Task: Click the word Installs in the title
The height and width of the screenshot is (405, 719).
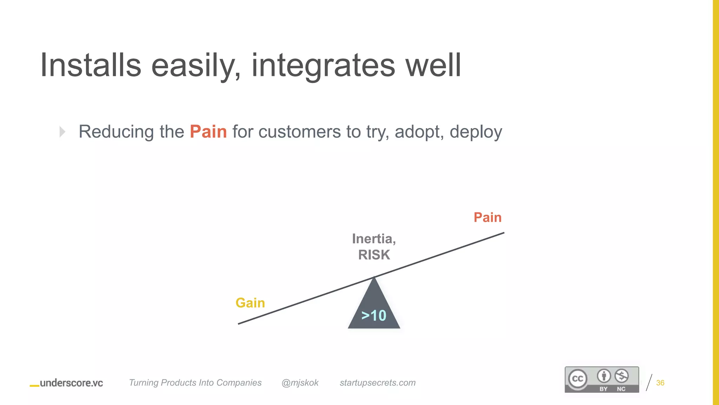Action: coord(91,65)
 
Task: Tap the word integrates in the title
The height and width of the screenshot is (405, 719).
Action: coord(323,65)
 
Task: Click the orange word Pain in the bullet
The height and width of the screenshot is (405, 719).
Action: coord(208,132)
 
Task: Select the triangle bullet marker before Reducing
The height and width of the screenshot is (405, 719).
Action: coord(62,132)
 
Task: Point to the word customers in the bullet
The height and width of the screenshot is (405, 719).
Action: coord(299,132)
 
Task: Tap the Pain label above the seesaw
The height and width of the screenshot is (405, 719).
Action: coord(487,217)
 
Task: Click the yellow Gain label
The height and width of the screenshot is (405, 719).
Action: coord(250,303)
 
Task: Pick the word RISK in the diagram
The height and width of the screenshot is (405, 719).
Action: coord(374,255)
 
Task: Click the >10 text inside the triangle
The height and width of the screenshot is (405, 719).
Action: coord(374,315)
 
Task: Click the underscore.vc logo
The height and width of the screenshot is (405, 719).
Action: coord(67,383)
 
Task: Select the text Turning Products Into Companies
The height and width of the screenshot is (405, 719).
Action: coord(195,382)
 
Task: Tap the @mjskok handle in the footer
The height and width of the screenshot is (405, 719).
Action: coord(300,382)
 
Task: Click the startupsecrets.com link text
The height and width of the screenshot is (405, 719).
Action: coord(377,382)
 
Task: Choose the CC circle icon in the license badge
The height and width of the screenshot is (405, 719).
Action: coord(578,379)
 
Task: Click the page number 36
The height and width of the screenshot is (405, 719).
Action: coord(660,383)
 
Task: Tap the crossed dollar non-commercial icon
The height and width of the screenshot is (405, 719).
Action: coord(621,376)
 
